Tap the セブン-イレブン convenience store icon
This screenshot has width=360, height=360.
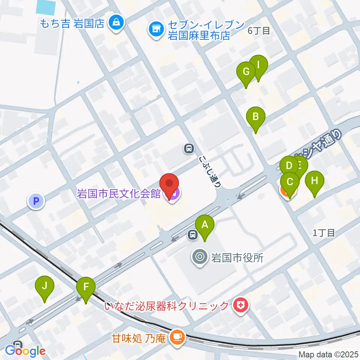pos(155,29)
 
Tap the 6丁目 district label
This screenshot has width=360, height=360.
pos(259,31)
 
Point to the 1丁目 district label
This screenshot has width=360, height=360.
pos(324,233)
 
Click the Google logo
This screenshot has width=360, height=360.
pos(25,351)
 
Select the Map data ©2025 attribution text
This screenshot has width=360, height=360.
pos(328,354)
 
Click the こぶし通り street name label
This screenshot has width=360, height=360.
pos(210,170)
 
